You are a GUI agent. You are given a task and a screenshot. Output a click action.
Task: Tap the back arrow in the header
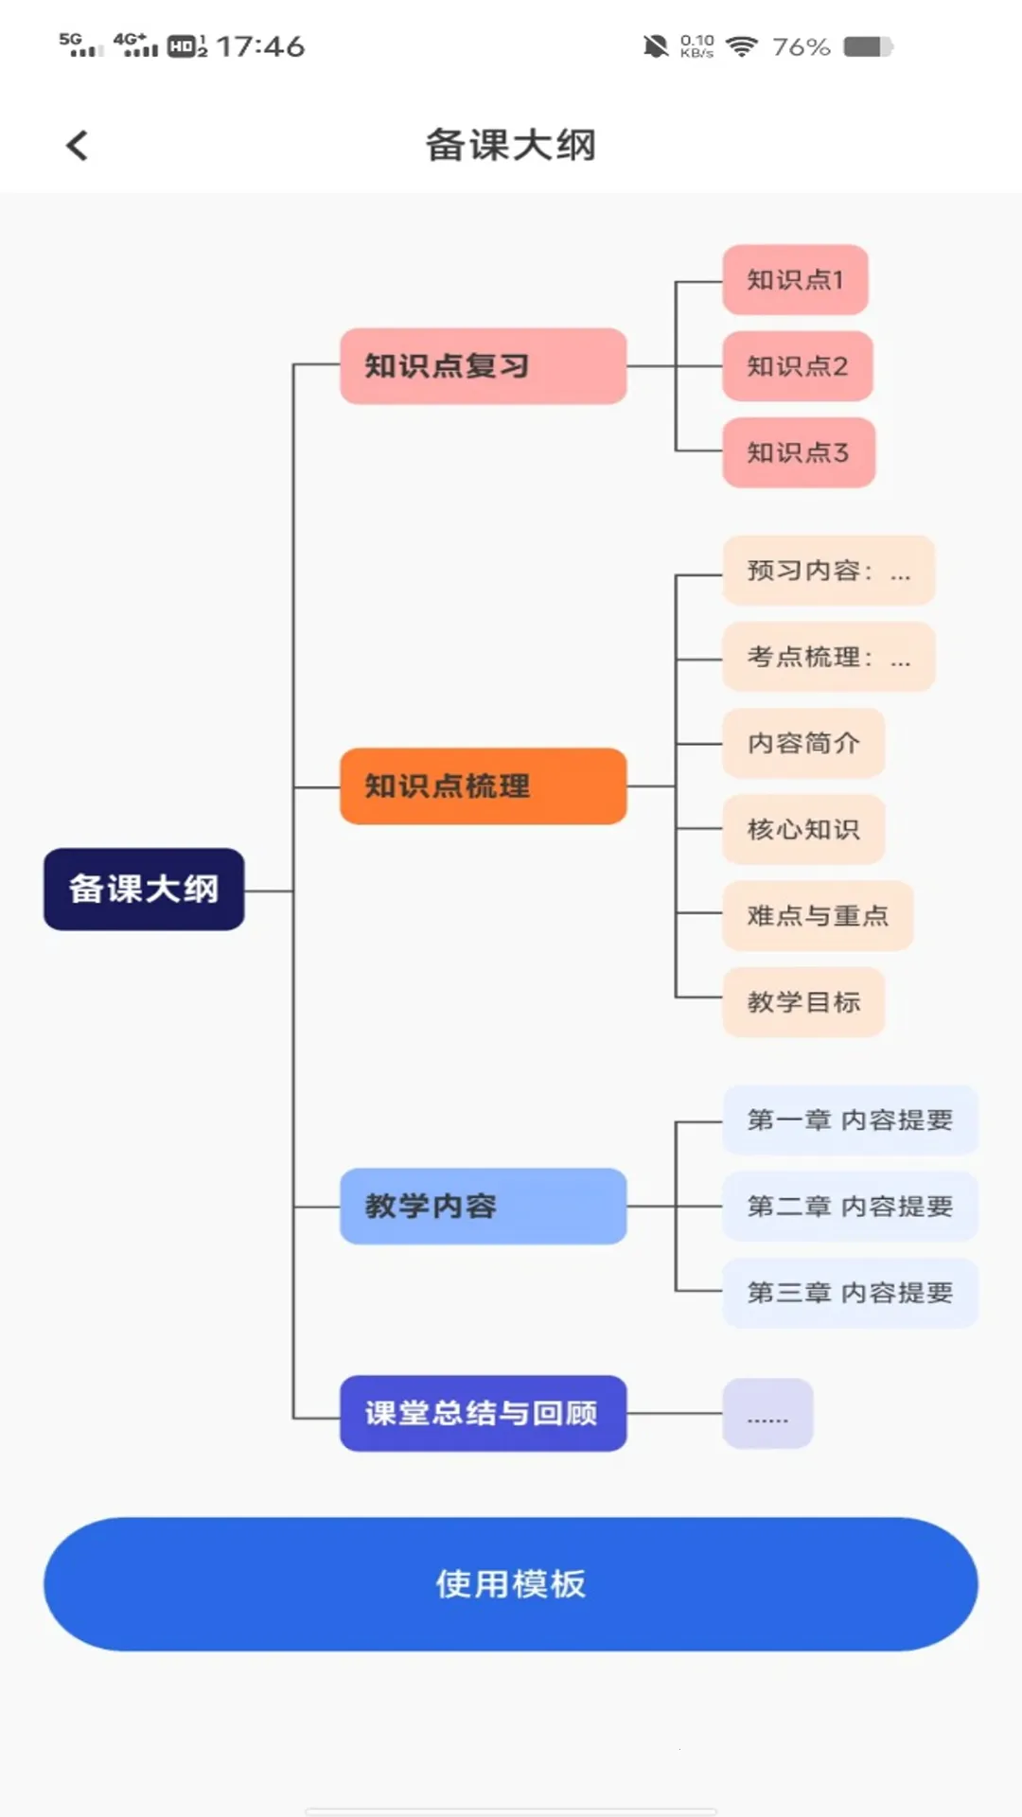(78, 146)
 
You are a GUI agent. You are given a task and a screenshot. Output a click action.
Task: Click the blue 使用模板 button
(511, 1583)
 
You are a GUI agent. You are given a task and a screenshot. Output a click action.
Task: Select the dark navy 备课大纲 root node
(144, 889)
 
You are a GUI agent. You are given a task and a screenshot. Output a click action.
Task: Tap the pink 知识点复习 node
(483, 366)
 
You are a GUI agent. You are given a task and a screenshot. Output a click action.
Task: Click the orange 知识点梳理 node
(483, 785)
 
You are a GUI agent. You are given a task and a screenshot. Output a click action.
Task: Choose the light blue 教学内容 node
(483, 1206)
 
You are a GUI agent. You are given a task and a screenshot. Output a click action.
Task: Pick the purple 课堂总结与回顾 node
(483, 1413)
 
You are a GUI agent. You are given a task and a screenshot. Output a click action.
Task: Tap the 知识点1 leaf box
(795, 280)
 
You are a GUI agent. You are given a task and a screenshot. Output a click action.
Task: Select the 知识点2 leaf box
(797, 366)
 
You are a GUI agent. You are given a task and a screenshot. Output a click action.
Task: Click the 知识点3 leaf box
(798, 452)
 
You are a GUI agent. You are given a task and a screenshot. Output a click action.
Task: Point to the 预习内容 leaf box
(828, 571)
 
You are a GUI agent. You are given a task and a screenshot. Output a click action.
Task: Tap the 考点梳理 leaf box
(828, 657)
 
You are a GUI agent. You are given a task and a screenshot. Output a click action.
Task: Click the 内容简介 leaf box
(803, 743)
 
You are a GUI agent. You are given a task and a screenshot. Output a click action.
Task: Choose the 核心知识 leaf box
(803, 829)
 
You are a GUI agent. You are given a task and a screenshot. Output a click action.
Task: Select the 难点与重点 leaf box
(818, 915)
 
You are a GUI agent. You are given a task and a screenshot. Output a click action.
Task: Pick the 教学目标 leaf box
(803, 1001)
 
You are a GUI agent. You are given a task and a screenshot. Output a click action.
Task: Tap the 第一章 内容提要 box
(850, 1120)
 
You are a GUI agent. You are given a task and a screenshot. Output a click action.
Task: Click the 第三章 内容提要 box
(850, 1293)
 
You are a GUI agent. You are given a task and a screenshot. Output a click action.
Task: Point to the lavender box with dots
(767, 1414)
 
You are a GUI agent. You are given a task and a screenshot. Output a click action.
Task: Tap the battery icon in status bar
(868, 46)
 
